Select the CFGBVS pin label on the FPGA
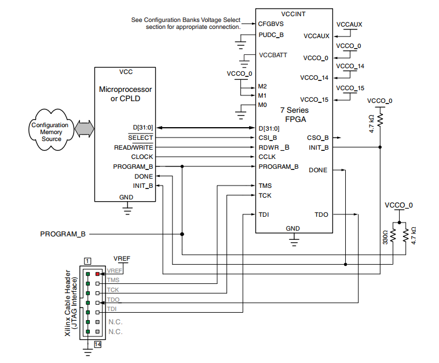(x=271, y=25)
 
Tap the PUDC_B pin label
(x=271, y=35)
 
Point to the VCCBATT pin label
(x=274, y=56)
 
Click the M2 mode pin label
(x=262, y=86)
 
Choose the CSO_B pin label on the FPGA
(x=317, y=138)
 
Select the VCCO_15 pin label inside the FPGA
(x=314, y=99)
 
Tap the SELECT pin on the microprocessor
(x=141, y=138)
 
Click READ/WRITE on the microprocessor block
(x=134, y=147)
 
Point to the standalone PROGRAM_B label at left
(x=63, y=234)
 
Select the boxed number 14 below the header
(x=97, y=344)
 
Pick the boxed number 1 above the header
(x=87, y=261)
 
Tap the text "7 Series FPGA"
(x=294, y=114)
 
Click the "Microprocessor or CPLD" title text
(x=126, y=94)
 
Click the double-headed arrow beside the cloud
(x=85, y=128)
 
